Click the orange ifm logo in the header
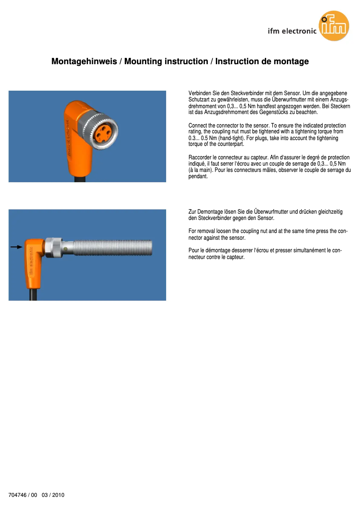[x=334, y=26]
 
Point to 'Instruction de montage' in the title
[x=262, y=61]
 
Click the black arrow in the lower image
[x=16, y=247]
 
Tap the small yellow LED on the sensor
[x=66, y=248]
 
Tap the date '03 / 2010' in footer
[x=53, y=495]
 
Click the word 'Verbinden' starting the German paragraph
[x=199, y=93]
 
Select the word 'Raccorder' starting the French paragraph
[x=200, y=158]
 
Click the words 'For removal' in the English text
[x=201, y=231]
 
